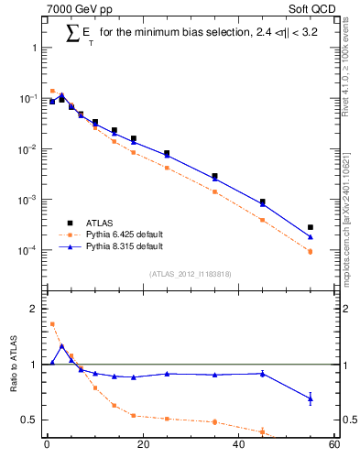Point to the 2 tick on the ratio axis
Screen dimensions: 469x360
click(31, 309)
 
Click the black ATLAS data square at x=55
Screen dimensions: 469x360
click(311, 227)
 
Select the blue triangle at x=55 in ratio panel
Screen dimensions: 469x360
click(311, 398)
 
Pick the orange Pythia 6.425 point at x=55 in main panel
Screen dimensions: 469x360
click(311, 251)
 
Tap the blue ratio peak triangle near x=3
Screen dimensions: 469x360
click(61, 346)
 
